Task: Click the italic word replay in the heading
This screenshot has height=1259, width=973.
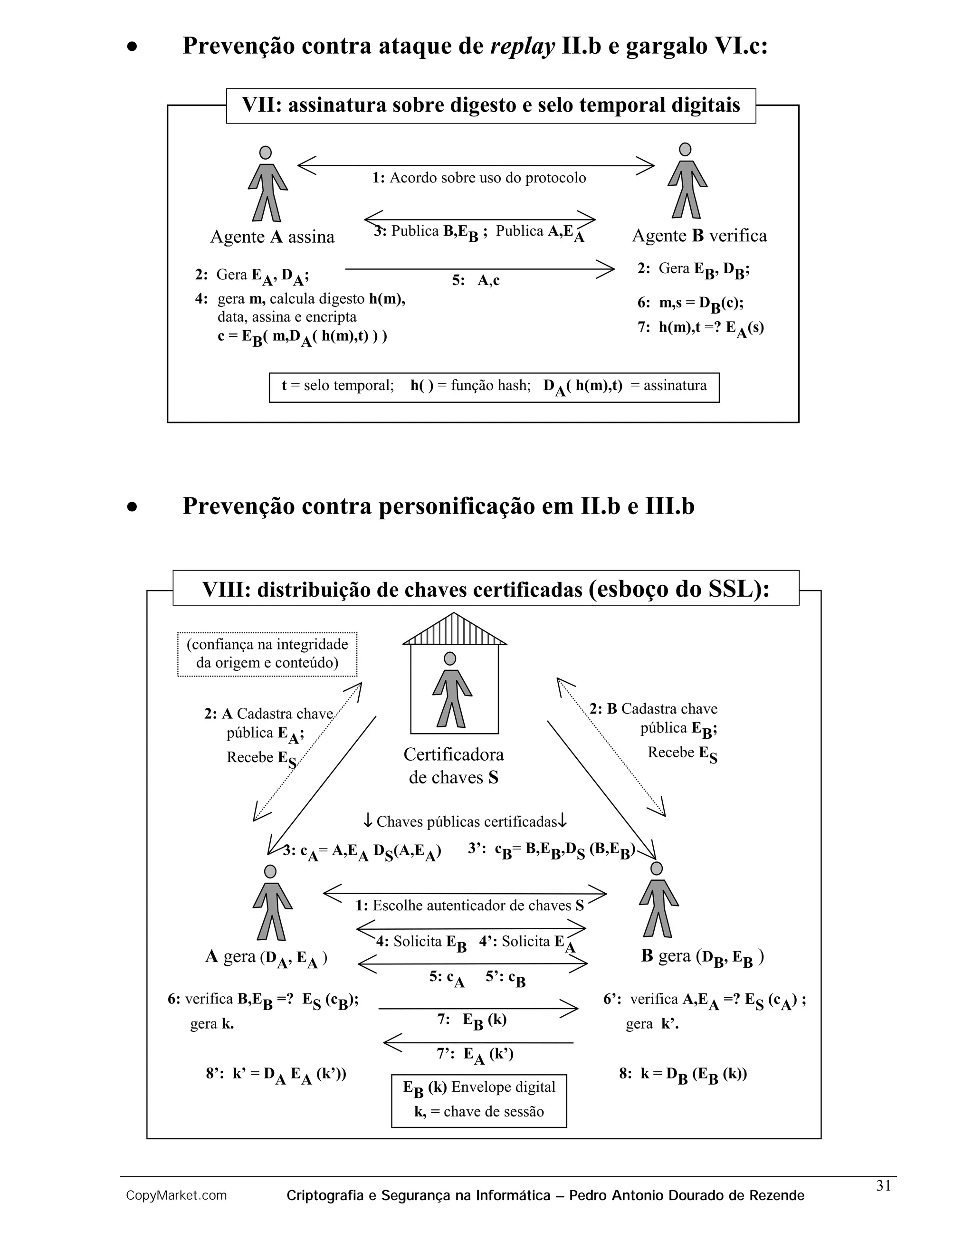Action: click(522, 46)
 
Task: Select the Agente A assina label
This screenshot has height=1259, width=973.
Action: click(272, 237)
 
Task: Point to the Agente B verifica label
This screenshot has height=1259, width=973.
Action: click(699, 236)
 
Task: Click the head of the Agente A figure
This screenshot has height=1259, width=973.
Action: click(265, 153)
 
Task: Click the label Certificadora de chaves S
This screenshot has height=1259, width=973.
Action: click(454, 765)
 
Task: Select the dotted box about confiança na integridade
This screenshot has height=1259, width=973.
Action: click(267, 654)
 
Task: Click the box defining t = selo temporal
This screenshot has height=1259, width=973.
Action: click(494, 387)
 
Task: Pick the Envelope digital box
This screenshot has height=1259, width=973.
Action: click(478, 1100)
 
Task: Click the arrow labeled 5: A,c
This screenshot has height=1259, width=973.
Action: click(478, 269)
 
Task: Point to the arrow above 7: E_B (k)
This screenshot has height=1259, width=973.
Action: click(478, 1008)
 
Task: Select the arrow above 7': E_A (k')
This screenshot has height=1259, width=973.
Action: click(478, 1042)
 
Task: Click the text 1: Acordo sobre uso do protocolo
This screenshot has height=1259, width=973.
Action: click(479, 178)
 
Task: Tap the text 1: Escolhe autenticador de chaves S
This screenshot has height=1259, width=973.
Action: click(470, 905)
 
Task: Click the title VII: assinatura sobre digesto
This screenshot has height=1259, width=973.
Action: click(490, 105)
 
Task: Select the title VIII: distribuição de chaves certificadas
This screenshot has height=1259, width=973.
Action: click(486, 589)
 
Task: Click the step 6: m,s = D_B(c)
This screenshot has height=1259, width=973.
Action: click(690, 303)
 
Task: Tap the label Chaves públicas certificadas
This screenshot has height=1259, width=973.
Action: click(466, 821)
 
